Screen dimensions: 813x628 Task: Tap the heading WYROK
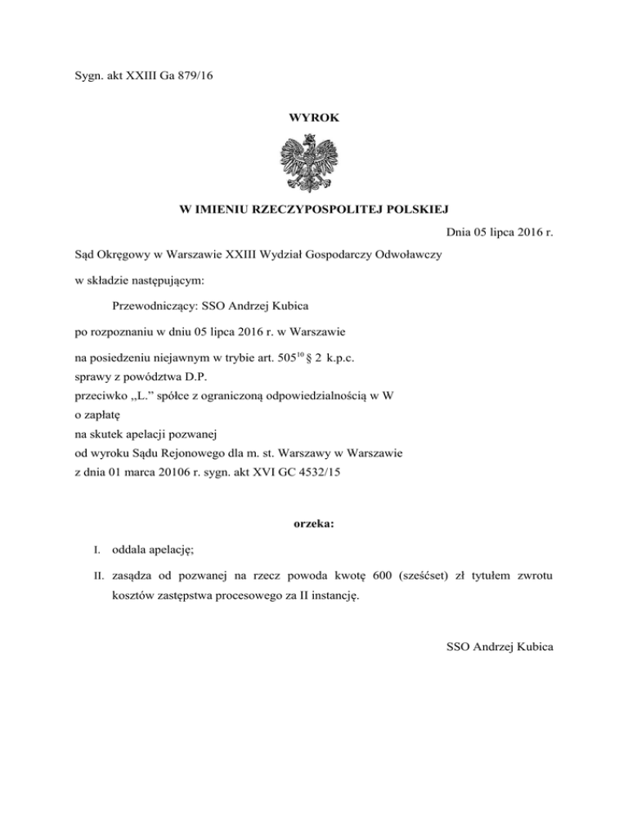tap(313, 118)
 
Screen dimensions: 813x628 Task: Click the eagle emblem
tap(314, 163)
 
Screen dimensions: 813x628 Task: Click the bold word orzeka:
tap(313, 546)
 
